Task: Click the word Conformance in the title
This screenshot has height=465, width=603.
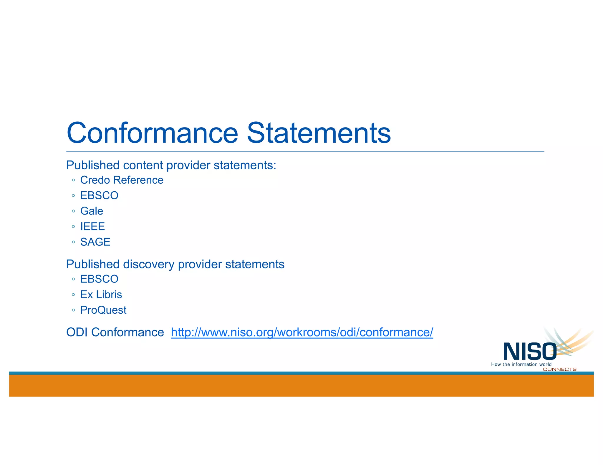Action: [x=152, y=133]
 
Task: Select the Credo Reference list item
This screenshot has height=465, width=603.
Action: [x=122, y=180]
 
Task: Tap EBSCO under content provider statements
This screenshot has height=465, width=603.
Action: [x=99, y=195]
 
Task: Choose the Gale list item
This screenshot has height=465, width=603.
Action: [x=92, y=211]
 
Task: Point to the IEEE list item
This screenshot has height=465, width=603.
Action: [x=92, y=227]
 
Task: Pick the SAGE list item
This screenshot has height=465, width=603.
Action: [x=95, y=242]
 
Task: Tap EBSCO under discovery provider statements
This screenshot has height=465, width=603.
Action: [x=99, y=279]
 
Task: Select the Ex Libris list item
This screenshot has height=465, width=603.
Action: [x=101, y=295]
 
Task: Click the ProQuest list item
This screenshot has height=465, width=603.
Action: [x=103, y=310]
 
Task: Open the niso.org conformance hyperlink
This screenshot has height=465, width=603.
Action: [x=302, y=332]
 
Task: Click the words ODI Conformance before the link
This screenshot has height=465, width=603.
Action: [x=115, y=332]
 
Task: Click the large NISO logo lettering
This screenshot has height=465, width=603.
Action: [x=530, y=351]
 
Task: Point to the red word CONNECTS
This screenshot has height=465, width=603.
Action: [x=559, y=369]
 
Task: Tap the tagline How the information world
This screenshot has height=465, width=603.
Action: [x=521, y=364]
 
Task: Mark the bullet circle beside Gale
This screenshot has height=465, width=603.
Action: [x=73, y=211]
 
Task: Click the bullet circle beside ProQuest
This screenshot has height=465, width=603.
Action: [x=73, y=310]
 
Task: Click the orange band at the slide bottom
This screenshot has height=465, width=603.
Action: [x=301, y=386]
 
